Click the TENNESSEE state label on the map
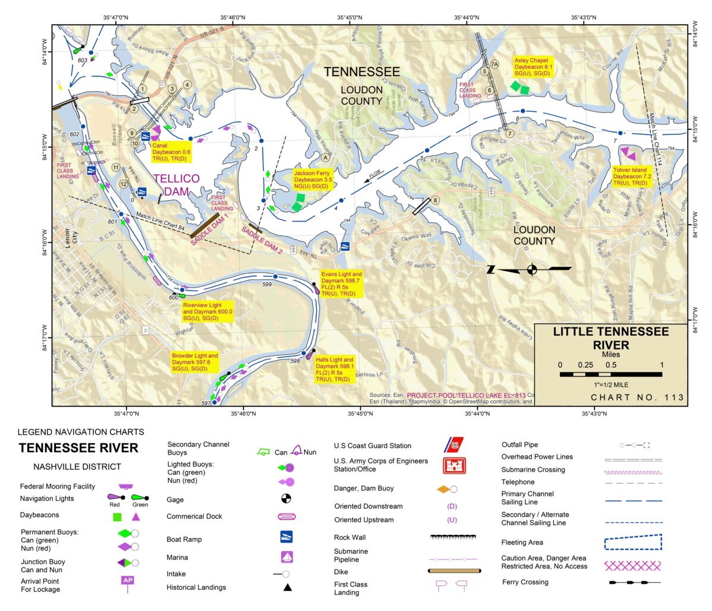click(x=361, y=72)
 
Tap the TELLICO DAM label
click(x=177, y=185)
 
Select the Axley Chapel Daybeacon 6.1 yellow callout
click(x=533, y=67)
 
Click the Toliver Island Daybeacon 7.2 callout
click(x=632, y=177)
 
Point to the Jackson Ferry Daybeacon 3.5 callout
click(x=313, y=179)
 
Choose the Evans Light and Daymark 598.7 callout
click(x=341, y=284)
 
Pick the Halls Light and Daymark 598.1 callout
click(x=335, y=369)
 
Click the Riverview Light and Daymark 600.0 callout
click(x=207, y=311)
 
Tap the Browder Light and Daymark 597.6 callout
click(x=195, y=362)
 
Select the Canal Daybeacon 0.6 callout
click(x=171, y=152)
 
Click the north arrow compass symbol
click(x=531, y=269)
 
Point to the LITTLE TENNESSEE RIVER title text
click(x=611, y=338)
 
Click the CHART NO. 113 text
click(x=637, y=397)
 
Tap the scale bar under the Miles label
click(x=610, y=374)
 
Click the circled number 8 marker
click(x=435, y=200)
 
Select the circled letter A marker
click(x=325, y=158)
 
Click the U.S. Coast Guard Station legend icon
click(x=455, y=445)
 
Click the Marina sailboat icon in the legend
click(x=286, y=557)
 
